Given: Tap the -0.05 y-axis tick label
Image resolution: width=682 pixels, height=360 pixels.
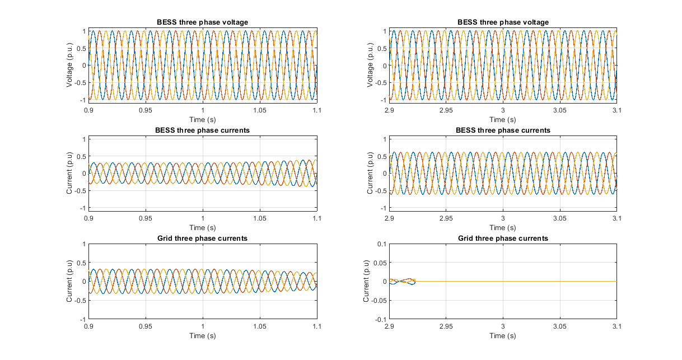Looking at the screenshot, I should coord(378,300).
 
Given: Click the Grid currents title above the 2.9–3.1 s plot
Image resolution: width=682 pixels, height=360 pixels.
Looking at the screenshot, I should coord(502,238).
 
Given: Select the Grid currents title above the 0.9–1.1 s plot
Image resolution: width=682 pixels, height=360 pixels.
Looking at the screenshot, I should coord(202,238).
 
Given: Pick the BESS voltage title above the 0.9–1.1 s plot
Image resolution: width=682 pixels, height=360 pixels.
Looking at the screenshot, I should coord(202,22).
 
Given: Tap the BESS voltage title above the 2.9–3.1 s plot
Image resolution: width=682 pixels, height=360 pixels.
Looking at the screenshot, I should coord(502,22).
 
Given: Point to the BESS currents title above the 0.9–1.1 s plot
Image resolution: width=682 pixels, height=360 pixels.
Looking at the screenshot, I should coord(202,130).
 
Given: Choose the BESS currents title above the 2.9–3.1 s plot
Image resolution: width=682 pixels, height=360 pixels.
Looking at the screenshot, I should coord(502,130).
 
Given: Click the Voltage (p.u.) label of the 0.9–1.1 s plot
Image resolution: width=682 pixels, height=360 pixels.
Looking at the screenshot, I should coord(69,65).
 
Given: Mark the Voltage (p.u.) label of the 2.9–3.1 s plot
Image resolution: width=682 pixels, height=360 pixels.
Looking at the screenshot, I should coord(370,65).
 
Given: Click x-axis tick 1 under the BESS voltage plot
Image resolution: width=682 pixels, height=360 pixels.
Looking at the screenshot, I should coord(203,110).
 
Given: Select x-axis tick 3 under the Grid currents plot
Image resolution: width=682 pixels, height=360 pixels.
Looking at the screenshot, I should coord(503,326).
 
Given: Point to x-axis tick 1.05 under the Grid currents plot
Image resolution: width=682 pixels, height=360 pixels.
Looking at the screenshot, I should coord(260,326).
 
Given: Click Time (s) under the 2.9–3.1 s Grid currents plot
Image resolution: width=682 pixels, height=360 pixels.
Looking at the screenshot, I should coord(502,335).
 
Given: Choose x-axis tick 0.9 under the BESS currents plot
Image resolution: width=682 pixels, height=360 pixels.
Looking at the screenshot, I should coord(88,218).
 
